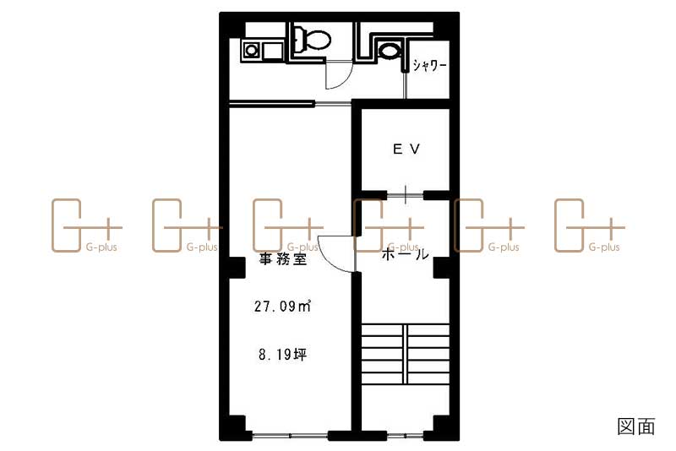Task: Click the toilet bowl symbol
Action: [x=313, y=39]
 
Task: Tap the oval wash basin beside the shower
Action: [x=389, y=51]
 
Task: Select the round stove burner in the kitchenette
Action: [x=251, y=51]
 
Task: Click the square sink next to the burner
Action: [x=272, y=51]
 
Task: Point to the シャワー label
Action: [x=429, y=66]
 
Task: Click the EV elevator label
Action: [x=406, y=149]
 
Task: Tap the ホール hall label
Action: [x=406, y=254]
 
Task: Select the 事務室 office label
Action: [x=283, y=259]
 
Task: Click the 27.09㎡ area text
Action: [x=282, y=306]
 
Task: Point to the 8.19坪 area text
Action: [x=283, y=355]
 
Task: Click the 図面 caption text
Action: [x=636, y=426]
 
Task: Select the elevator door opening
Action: [x=406, y=196]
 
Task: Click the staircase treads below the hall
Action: [x=406, y=354]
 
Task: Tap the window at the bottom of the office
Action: [x=290, y=436]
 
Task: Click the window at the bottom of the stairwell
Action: [x=405, y=436]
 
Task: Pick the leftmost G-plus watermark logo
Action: [x=86, y=225]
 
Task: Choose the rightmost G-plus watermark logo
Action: [x=589, y=225]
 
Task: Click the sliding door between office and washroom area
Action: [x=290, y=103]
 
